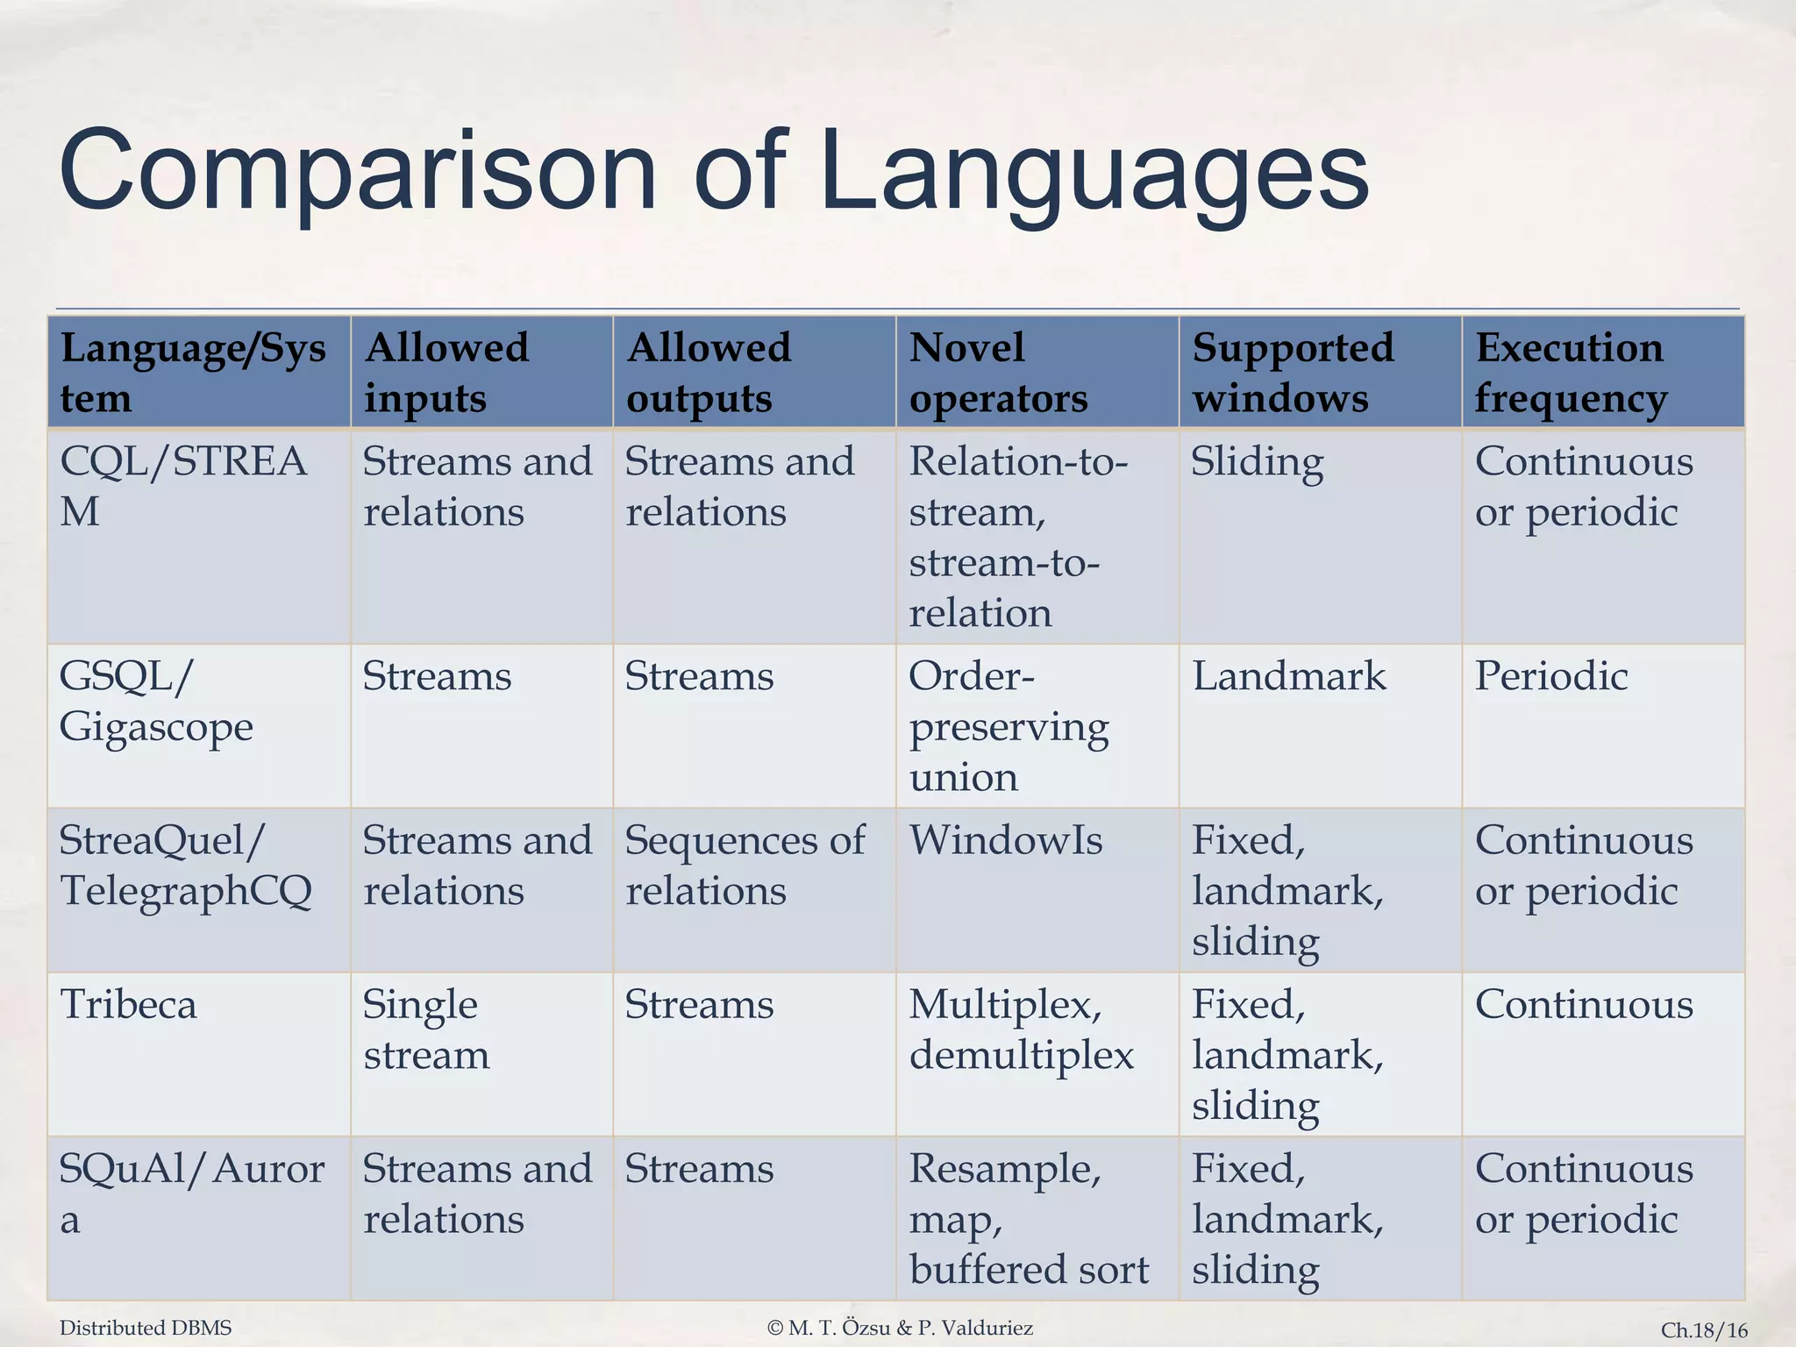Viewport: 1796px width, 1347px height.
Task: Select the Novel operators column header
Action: [x=998, y=373]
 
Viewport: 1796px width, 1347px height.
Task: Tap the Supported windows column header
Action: [x=1293, y=373]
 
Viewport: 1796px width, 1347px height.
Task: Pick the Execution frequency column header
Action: [x=1570, y=373]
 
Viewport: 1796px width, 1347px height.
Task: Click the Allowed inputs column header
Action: [x=446, y=373]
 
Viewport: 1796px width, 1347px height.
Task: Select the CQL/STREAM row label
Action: [x=183, y=486]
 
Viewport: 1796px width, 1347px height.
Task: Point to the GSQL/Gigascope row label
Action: [x=156, y=702]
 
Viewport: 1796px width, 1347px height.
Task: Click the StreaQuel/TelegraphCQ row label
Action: [x=185, y=866]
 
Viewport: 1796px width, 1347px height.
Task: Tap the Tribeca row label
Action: [x=128, y=1005]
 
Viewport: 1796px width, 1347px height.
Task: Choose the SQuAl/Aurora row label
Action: [x=191, y=1194]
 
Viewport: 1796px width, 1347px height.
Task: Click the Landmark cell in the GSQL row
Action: [x=1289, y=677]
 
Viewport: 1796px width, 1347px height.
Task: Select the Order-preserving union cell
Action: [x=1008, y=727]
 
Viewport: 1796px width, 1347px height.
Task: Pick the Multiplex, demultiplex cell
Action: [x=1021, y=1030]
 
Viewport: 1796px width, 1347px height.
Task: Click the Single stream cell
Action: [x=425, y=1030]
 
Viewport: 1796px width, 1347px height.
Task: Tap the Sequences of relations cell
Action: [x=745, y=866]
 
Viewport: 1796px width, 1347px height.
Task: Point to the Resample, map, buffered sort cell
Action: [x=1028, y=1219]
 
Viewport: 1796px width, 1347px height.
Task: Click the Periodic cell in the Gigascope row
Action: [x=1551, y=677]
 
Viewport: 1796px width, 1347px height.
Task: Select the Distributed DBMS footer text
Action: [x=146, y=1328]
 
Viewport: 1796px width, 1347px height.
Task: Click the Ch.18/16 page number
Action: [x=1704, y=1329]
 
